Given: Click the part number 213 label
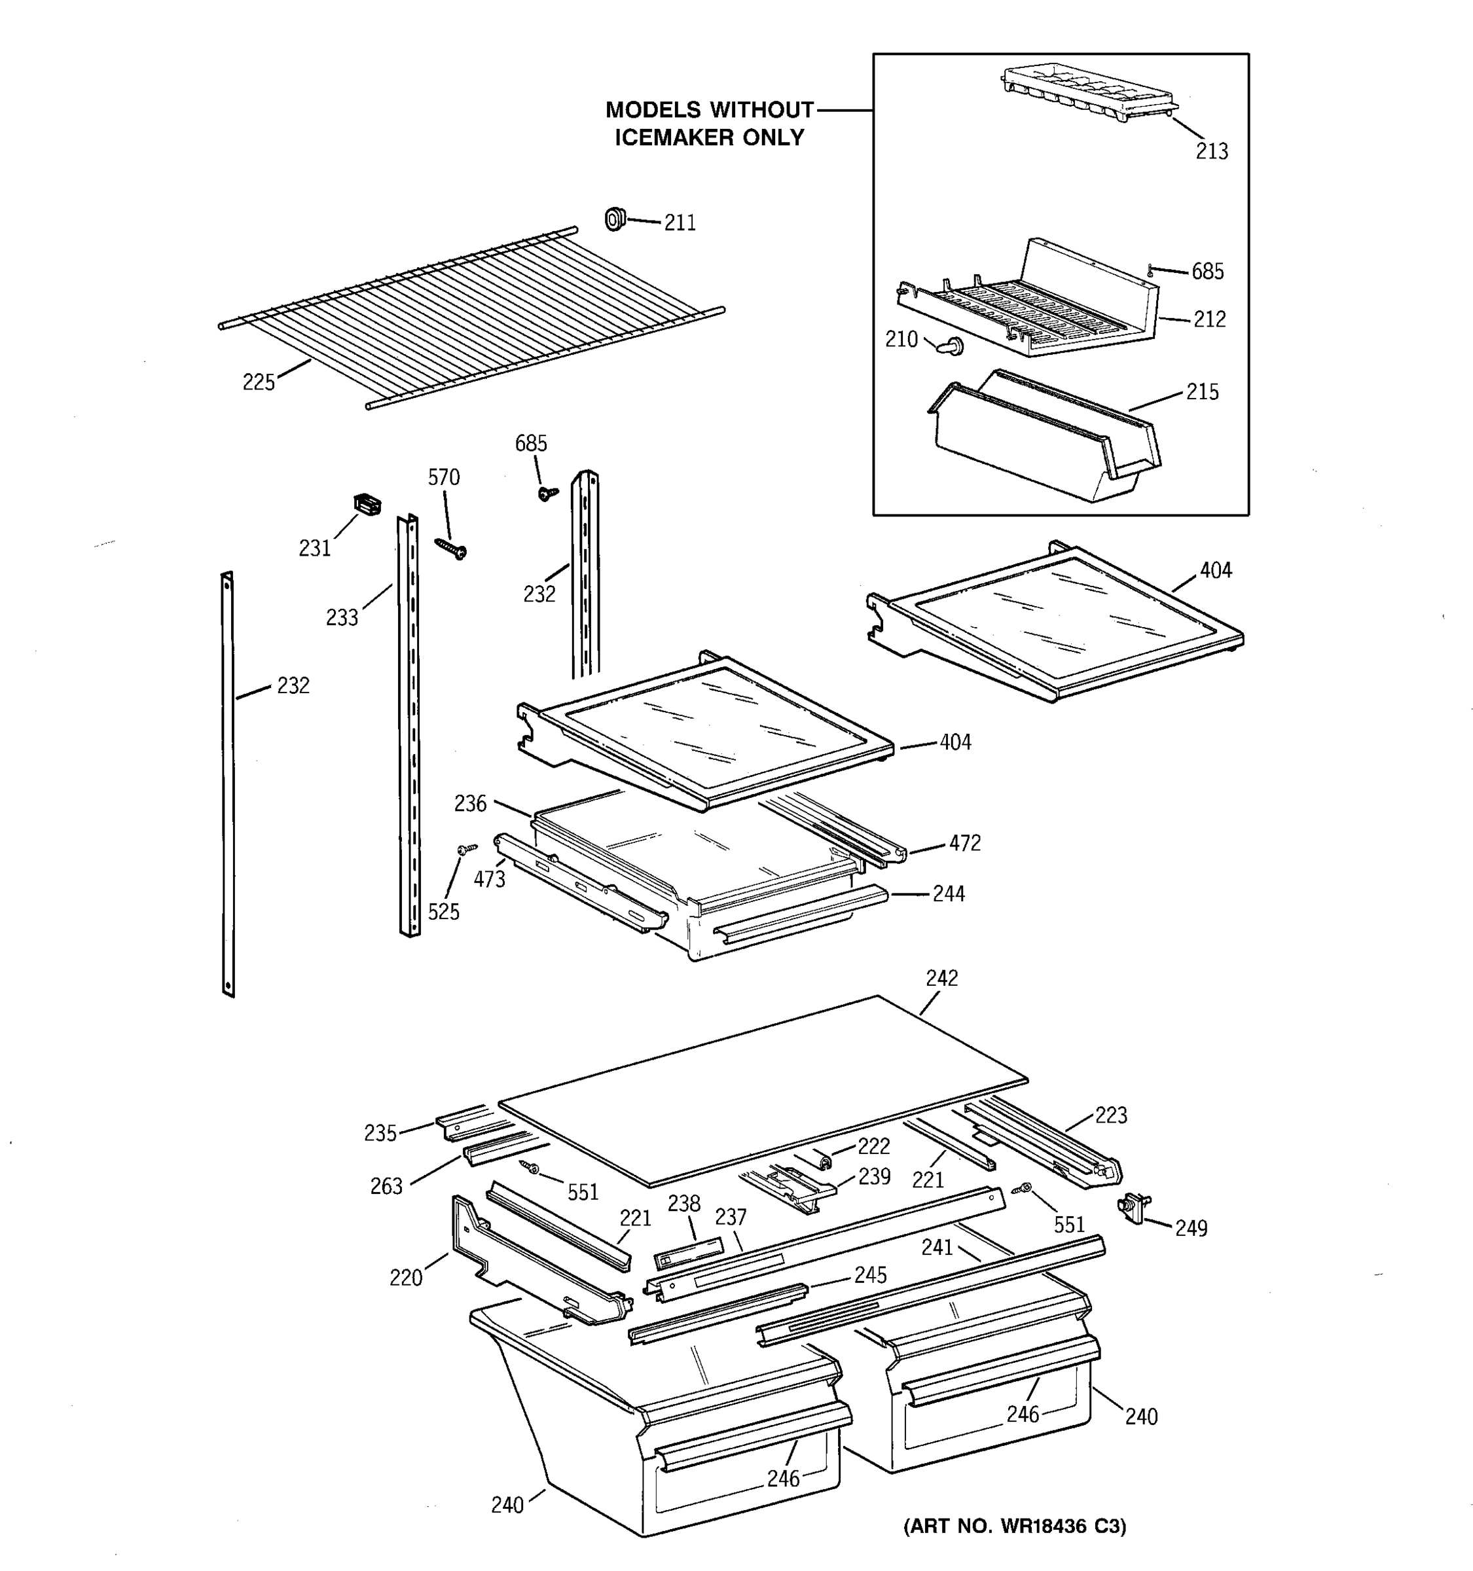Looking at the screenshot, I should (x=1211, y=151).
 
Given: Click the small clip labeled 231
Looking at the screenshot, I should (x=366, y=503).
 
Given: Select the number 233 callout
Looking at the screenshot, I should (x=342, y=618).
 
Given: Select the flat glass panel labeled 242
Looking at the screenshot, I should (x=763, y=1091).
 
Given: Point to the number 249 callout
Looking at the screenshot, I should (x=1191, y=1228).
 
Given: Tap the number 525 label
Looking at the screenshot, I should (x=443, y=912).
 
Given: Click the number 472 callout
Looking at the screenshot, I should (x=964, y=843).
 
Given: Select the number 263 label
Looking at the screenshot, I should (x=386, y=1186).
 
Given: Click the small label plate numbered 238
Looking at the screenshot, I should (x=688, y=1252).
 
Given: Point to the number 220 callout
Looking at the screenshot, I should (x=405, y=1278).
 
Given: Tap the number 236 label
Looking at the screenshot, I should (x=470, y=804).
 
